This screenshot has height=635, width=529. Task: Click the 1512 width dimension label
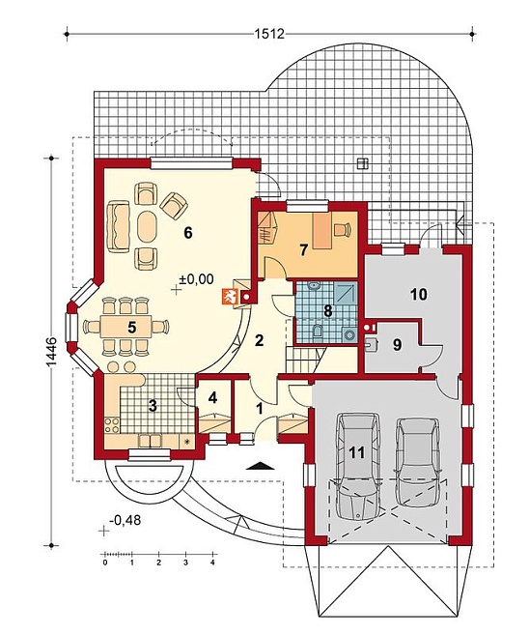[269, 33]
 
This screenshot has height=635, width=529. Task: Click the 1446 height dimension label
[52, 352]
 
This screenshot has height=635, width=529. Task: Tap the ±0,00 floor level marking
[197, 278]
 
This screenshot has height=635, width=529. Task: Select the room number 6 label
[187, 233]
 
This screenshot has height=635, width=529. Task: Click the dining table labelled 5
[126, 328]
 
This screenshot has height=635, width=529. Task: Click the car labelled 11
[358, 466]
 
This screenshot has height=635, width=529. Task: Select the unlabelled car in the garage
[418, 462]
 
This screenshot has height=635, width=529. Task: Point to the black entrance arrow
[261, 466]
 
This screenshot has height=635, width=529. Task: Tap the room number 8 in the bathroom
[327, 310]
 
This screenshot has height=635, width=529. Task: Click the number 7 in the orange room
[304, 250]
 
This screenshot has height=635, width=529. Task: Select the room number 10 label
[419, 295]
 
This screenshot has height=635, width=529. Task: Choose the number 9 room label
[397, 345]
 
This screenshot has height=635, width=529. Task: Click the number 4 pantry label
[212, 397]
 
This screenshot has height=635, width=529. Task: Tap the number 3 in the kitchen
[153, 406]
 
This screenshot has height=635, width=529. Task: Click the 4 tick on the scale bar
[212, 563]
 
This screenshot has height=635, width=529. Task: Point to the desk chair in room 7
[342, 229]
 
